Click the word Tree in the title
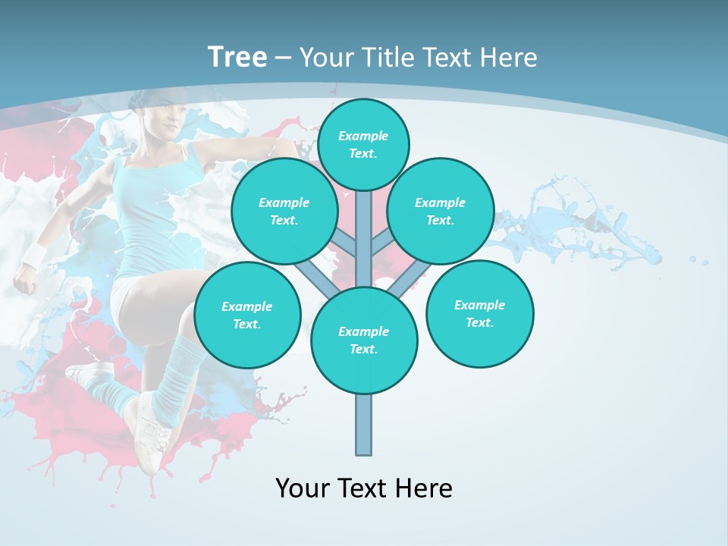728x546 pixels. (x=237, y=57)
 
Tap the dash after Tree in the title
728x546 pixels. (x=283, y=58)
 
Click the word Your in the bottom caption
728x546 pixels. (x=303, y=488)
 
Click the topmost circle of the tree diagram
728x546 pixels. (x=363, y=144)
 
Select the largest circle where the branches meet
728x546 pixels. (x=364, y=340)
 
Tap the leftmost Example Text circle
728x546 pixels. (x=247, y=315)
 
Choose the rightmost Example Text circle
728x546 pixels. (x=479, y=313)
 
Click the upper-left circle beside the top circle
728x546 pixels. (x=284, y=211)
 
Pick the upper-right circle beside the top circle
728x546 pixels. (x=441, y=211)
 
